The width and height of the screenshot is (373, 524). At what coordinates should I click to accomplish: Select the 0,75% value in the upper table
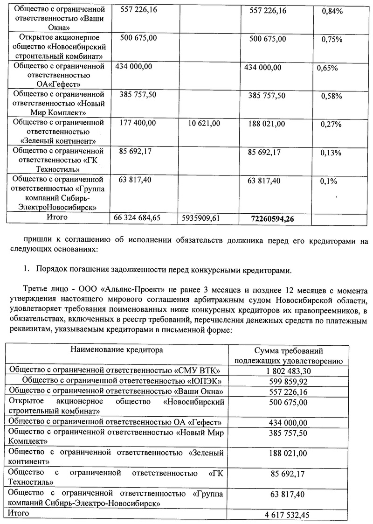332,39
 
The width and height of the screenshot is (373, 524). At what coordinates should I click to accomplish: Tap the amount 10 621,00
204,124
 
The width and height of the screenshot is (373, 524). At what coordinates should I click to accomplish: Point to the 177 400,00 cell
138,124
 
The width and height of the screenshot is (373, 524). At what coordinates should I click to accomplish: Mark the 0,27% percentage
332,124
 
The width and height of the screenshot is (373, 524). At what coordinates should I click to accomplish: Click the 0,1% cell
329,181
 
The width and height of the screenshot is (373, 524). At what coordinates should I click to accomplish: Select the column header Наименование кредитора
117,350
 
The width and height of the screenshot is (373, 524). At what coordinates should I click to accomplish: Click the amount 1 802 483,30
289,371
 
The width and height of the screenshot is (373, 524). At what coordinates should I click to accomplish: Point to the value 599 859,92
289,381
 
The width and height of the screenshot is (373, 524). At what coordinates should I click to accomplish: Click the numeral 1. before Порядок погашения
26,270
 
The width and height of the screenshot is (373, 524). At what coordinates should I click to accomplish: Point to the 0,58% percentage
332,96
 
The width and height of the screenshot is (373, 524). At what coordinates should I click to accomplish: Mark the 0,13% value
332,153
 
